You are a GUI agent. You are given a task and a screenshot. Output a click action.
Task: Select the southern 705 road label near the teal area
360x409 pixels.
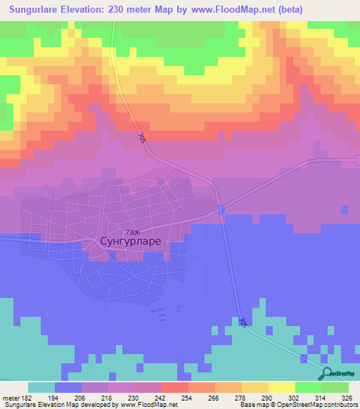(243, 322)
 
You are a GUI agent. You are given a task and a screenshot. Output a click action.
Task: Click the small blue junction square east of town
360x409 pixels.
(221, 209)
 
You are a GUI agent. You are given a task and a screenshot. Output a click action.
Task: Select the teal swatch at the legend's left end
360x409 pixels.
(41, 387)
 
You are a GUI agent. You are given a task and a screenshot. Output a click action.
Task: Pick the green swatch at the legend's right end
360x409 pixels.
(335, 387)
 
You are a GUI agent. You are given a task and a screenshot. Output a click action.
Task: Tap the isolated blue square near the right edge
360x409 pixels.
(343, 209)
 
